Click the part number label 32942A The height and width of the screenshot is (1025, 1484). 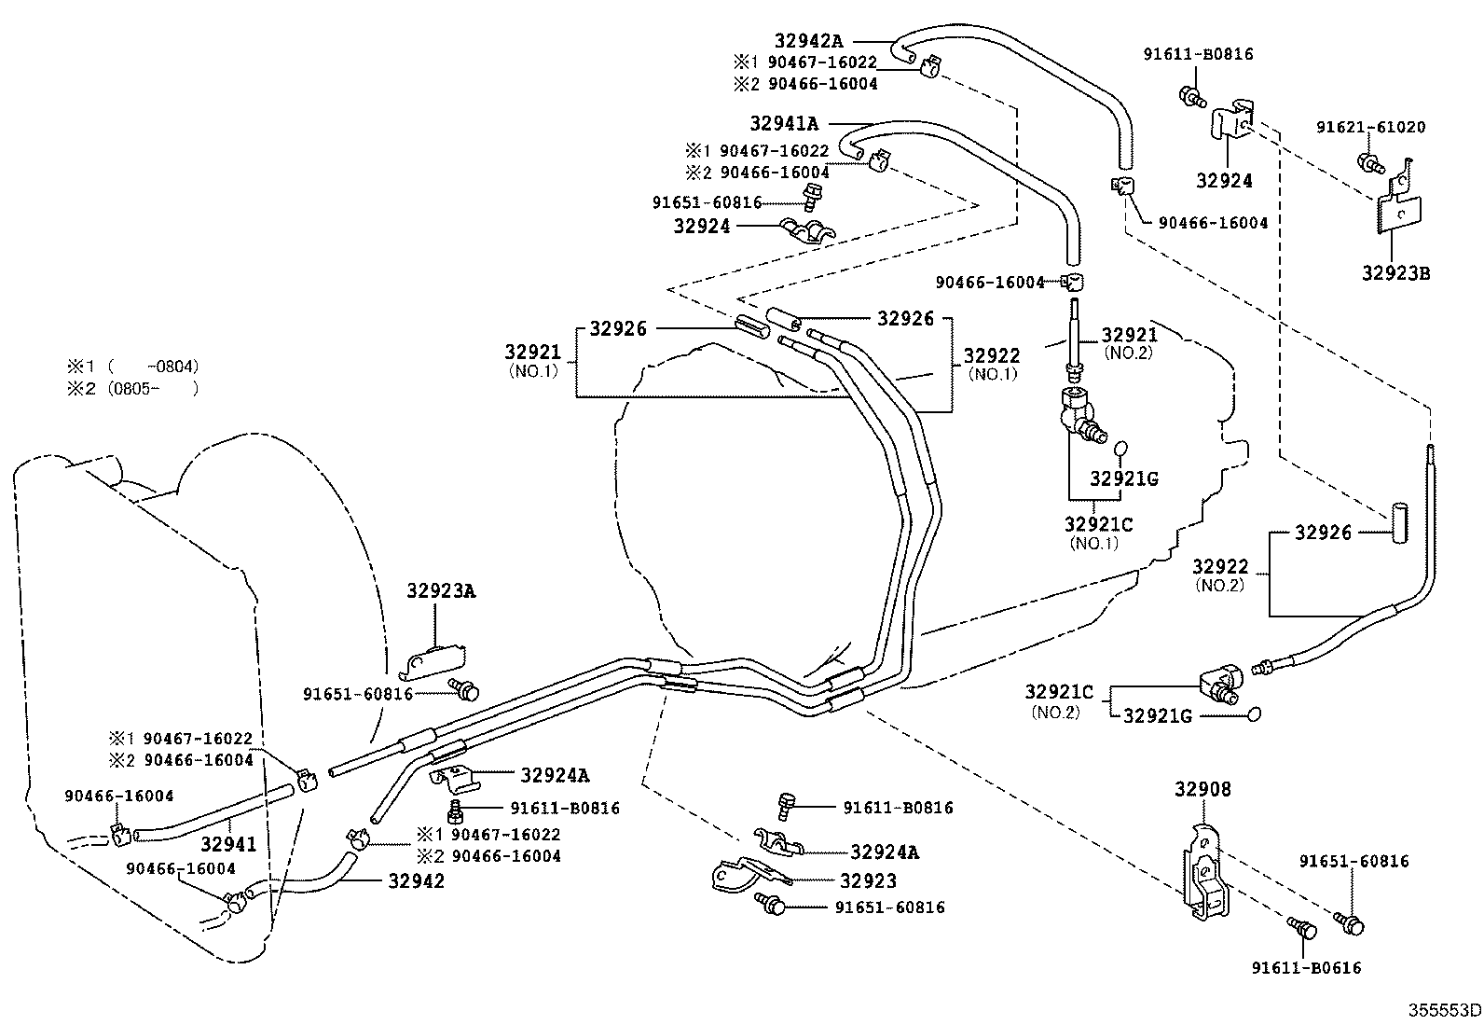coord(808,40)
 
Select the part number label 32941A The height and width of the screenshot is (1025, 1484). coord(784,123)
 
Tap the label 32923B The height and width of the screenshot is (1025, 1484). coord(1395,273)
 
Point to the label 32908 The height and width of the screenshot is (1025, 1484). coord(1202,790)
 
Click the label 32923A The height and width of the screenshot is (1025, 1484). coord(441,590)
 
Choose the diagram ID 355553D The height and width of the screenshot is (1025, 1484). coord(1444,1010)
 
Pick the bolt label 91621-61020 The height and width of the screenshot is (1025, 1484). coord(1370,127)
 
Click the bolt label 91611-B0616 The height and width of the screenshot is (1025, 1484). coord(1306,967)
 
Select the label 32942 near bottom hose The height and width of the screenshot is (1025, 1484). coord(416,880)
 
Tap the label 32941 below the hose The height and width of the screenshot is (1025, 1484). coord(228,844)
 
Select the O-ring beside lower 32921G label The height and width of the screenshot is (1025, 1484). coord(1254,714)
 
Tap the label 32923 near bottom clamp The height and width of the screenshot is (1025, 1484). coord(868,880)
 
